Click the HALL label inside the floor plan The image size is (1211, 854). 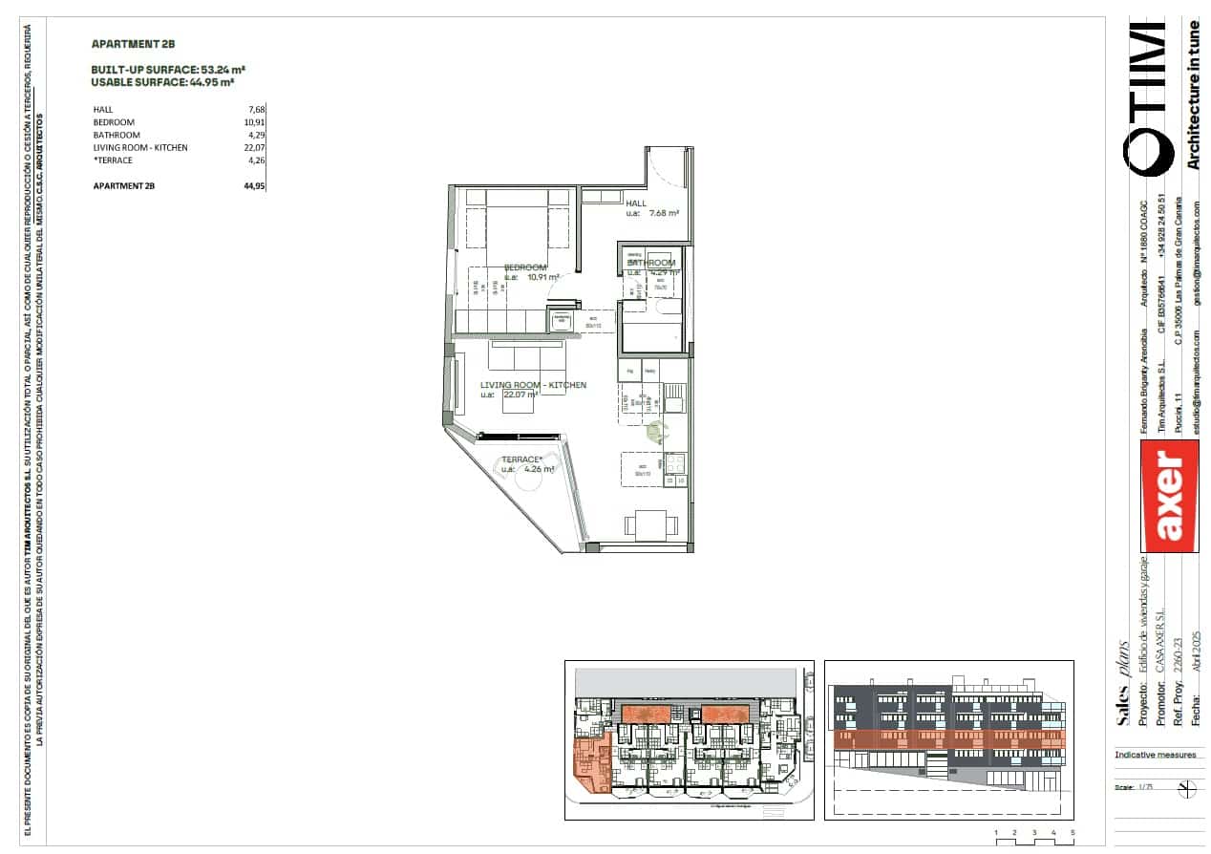pyautogui.click(x=636, y=203)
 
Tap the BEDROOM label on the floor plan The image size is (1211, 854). pyautogui.click(x=525, y=267)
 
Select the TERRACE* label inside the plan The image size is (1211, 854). pyautogui.click(x=521, y=459)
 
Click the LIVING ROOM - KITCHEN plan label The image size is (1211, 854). pyautogui.click(x=533, y=385)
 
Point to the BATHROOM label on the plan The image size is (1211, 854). pyautogui.click(x=651, y=263)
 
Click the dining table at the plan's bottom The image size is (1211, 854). pyautogui.click(x=651, y=523)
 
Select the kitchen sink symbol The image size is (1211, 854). pyautogui.click(x=674, y=396)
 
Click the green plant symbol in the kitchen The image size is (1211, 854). pyautogui.click(x=655, y=432)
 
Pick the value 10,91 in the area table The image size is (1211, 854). pyautogui.click(x=254, y=122)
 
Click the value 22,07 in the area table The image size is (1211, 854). pyautogui.click(x=254, y=147)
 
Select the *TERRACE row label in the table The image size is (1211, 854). pyautogui.click(x=113, y=160)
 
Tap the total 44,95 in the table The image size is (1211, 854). pyautogui.click(x=253, y=186)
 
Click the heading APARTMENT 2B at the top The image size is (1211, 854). pyautogui.click(x=133, y=44)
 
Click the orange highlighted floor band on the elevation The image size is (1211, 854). pyautogui.click(x=948, y=739)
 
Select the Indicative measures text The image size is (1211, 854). pyautogui.click(x=1156, y=755)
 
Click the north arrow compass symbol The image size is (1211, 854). pyautogui.click(x=1188, y=789)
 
